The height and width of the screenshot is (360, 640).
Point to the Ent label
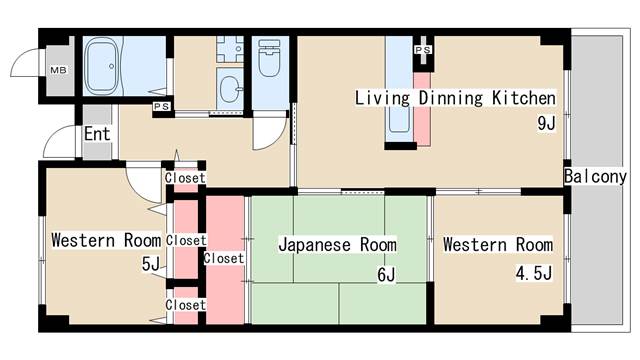97,134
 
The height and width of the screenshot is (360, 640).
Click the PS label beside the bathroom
159,104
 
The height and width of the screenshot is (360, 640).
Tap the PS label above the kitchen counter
423,48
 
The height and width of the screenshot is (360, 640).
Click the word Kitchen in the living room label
522,98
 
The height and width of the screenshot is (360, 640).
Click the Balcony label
596,177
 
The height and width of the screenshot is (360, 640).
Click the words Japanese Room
337,244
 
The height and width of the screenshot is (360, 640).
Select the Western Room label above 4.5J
497,244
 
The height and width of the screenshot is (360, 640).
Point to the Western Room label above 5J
106,240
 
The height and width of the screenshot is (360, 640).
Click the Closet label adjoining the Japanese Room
223,258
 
